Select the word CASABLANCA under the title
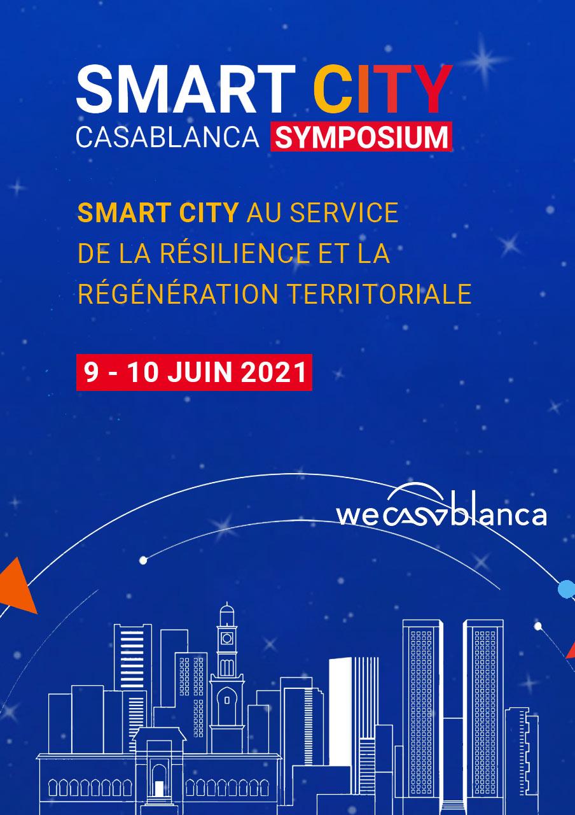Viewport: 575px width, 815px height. coord(167,137)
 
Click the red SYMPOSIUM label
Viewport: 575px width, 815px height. coord(361,136)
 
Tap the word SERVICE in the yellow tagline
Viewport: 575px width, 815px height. coord(344,213)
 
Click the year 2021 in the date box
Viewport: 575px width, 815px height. coord(274,372)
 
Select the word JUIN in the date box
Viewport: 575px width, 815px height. coord(200,372)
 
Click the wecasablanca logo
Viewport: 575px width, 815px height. coord(441,505)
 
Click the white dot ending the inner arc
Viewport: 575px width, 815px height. coord(143,561)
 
